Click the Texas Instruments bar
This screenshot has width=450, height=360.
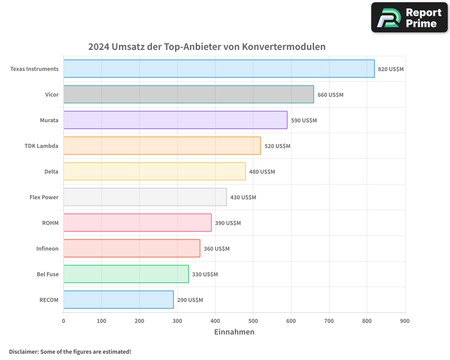click(x=219, y=69)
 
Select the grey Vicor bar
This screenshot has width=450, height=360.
click(x=189, y=94)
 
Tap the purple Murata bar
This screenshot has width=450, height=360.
click(x=175, y=120)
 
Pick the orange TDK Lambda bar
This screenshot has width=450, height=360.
click(x=162, y=146)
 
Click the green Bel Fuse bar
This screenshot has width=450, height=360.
click(x=126, y=274)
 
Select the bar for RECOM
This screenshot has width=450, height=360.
click(x=118, y=300)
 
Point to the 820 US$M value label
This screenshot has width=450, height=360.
click(x=391, y=69)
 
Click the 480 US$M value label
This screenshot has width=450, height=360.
click(x=262, y=172)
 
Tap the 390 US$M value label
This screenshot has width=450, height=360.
click(x=228, y=223)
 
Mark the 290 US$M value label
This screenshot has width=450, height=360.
click(x=190, y=300)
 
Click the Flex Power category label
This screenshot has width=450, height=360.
click(x=44, y=198)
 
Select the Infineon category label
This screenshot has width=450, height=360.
click(x=47, y=249)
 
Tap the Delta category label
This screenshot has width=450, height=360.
click(x=51, y=172)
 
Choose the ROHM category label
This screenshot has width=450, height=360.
click(x=50, y=223)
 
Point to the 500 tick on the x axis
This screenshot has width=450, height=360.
click(x=253, y=321)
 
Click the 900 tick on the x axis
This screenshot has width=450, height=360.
click(x=405, y=321)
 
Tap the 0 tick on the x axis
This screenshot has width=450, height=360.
click(x=63, y=321)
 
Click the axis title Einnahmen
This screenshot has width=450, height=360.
click(x=234, y=332)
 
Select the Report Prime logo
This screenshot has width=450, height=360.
click(x=409, y=18)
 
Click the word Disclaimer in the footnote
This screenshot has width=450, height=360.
click(x=23, y=352)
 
